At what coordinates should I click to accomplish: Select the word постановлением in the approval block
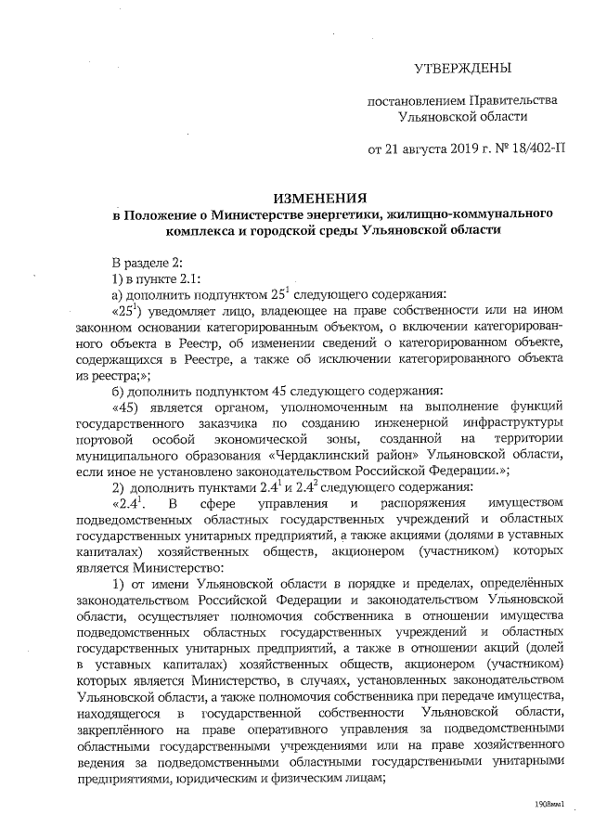coord(415,100)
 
